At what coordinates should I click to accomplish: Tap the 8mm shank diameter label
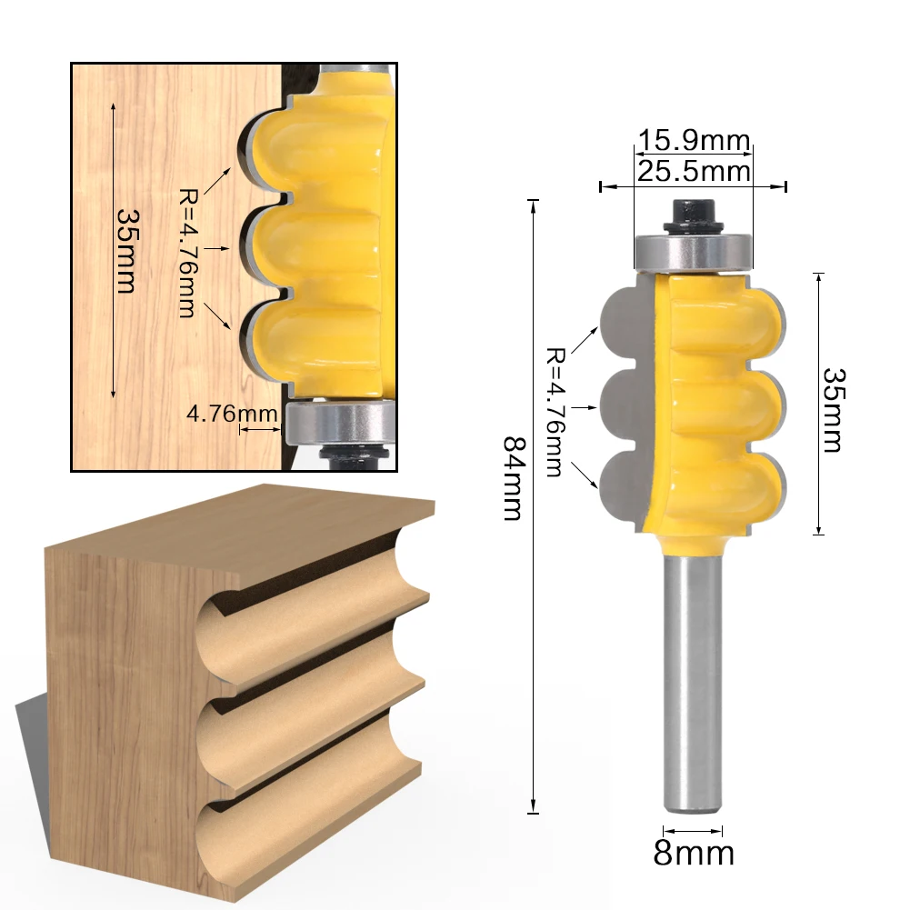point(694,854)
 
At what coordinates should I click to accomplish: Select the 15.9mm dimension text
point(694,142)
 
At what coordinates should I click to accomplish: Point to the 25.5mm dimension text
point(694,171)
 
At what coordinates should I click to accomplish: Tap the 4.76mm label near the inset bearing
point(232,414)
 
